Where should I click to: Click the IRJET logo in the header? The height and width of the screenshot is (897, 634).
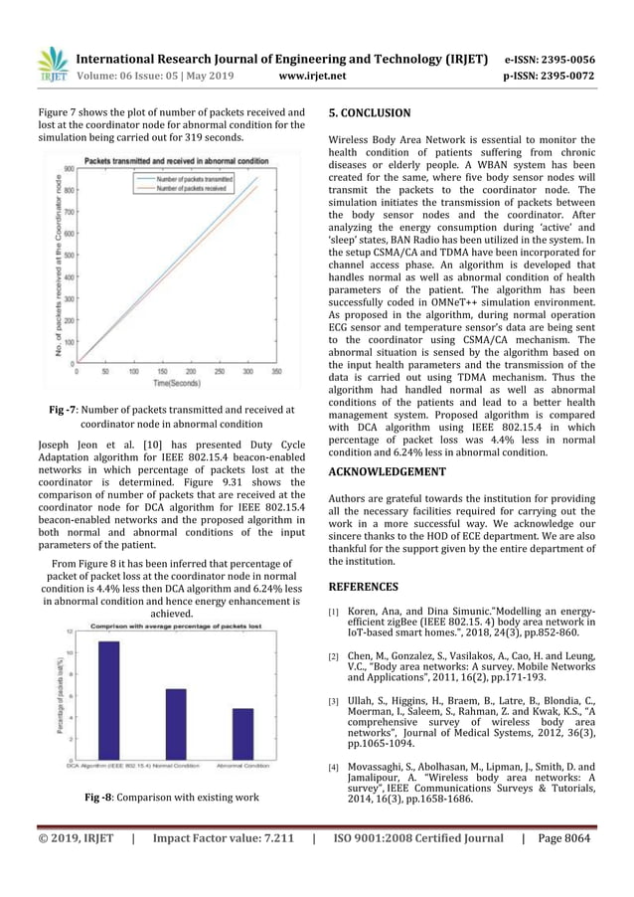pos(53,62)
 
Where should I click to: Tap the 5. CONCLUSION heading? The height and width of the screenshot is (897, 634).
pos(369,113)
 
